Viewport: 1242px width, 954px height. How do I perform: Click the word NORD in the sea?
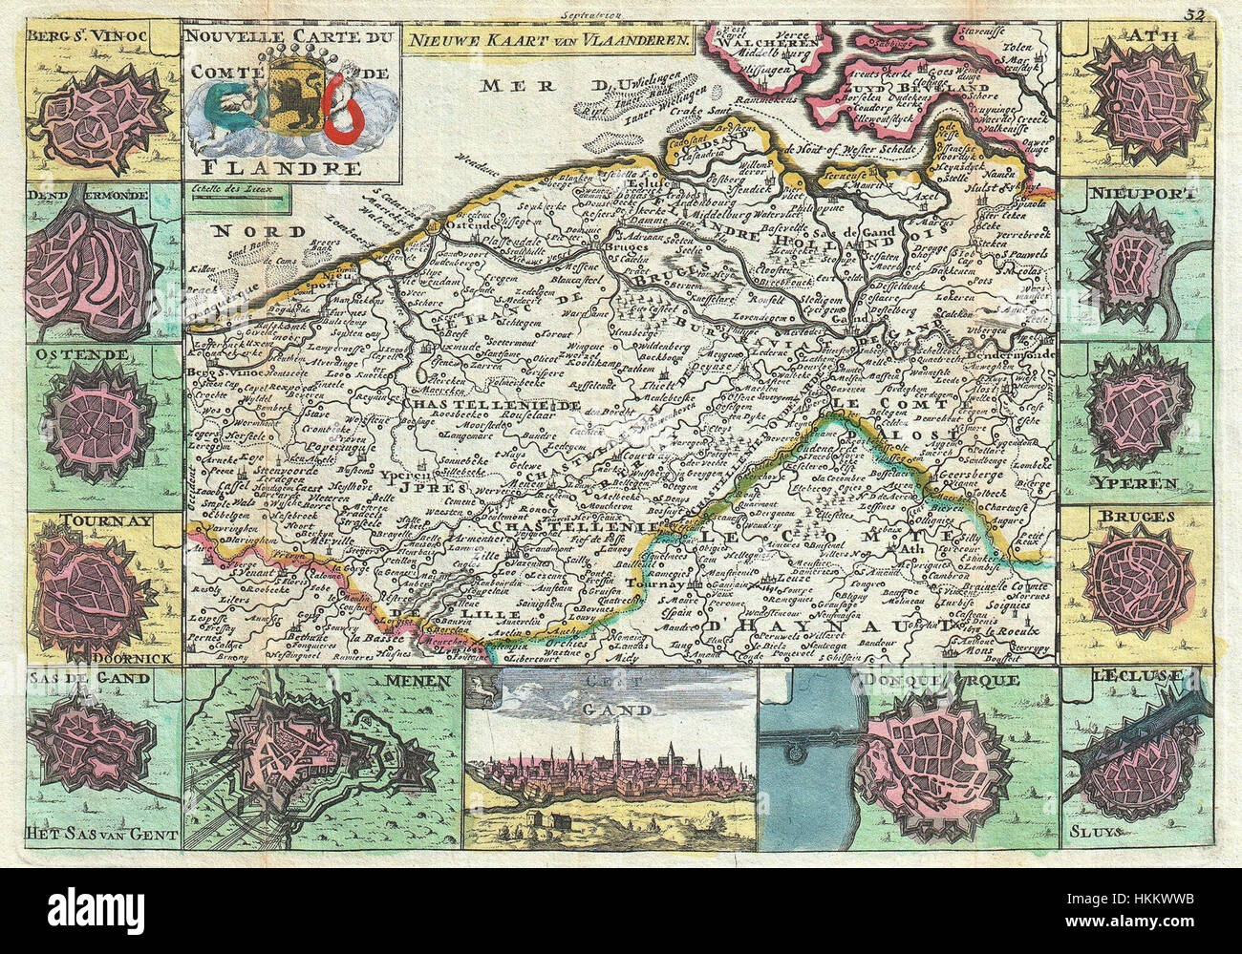tap(246, 231)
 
